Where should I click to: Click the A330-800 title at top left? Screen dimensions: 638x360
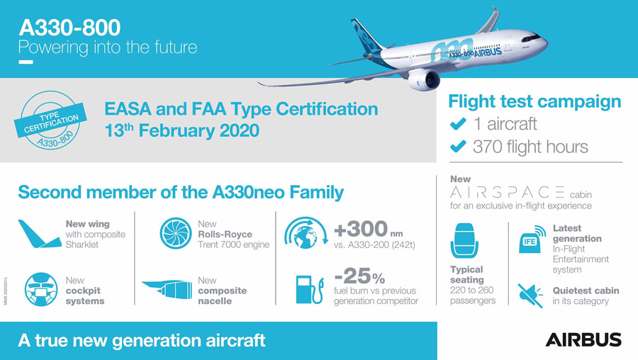(x=69, y=28)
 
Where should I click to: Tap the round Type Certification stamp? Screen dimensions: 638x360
(x=50, y=120)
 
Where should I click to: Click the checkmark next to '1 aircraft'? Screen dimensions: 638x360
(x=458, y=123)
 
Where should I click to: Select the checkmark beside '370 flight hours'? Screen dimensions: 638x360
(x=458, y=146)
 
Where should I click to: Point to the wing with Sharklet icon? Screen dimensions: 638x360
(x=39, y=234)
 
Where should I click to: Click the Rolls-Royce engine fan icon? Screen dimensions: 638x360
(x=175, y=233)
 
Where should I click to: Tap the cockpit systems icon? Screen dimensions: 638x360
(x=41, y=289)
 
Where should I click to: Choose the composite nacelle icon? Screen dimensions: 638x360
(x=167, y=289)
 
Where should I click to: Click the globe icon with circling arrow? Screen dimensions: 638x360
(x=306, y=233)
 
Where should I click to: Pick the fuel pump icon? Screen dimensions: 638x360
(x=310, y=290)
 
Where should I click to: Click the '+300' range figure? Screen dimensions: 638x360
(x=361, y=229)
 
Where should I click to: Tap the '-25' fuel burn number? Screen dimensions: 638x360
(x=352, y=276)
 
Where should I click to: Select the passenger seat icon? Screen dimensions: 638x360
(x=464, y=240)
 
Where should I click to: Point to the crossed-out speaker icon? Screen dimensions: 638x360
(x=530, y=296)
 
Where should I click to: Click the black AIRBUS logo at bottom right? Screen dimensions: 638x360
(x=583, y=339)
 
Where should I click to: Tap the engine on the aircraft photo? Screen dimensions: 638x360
(x=424, y=80)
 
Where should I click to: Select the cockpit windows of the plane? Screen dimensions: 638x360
(x=532, y=38)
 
